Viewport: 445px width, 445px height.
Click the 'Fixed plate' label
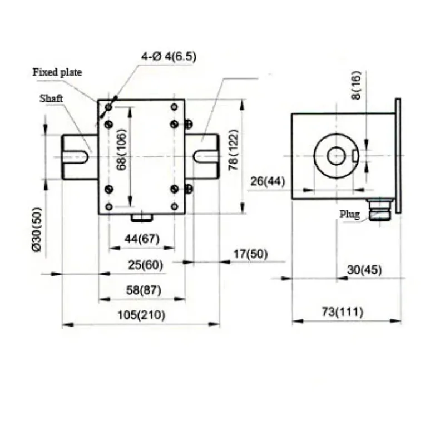coord(57,72)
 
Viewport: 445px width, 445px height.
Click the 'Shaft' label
coord(51,98)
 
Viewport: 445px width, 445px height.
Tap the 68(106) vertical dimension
coord(123,150)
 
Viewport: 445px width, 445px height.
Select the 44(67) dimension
coord(142,239)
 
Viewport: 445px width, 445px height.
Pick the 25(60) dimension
coord(145,265)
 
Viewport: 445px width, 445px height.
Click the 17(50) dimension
coord(250,254)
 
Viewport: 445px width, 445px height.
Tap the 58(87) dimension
coord(142,290)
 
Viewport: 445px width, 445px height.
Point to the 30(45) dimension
coord(364,270)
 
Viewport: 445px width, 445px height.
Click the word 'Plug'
coord(350,214)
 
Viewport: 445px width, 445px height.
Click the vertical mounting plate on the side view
coord(398,156)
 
